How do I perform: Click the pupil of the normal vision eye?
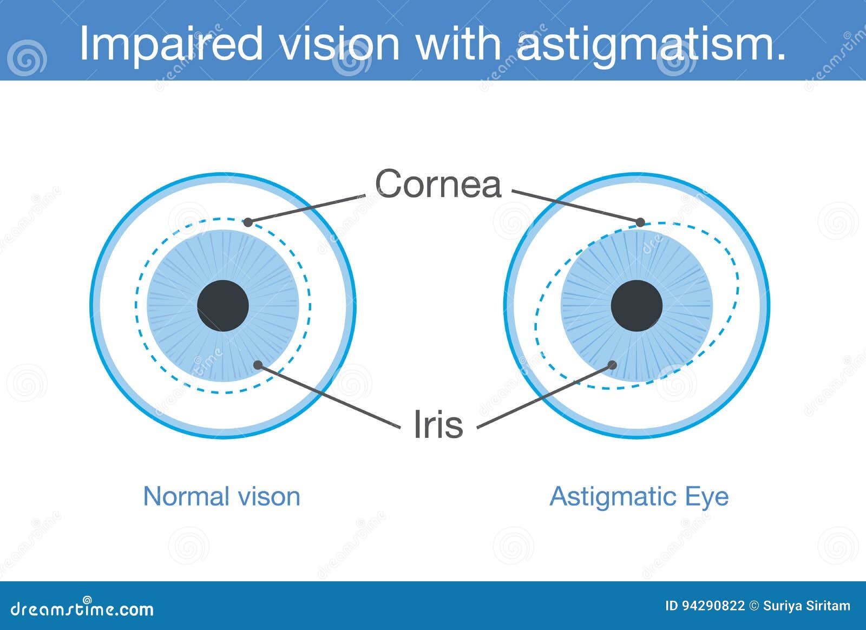tap(222, 306)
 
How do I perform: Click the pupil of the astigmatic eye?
tap(637, 306)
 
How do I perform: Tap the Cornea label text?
tap(438, 184)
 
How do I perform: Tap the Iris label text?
tap(438, 424)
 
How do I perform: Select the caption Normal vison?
tap(221, 496)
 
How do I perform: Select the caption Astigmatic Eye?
tap(639, 496)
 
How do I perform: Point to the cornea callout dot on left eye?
tap(248, 222)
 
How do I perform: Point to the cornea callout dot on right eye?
tap(640, 222)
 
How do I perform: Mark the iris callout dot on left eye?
tap(258, 365)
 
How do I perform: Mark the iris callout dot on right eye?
tap(612, 365)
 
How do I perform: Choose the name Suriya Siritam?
tap(806, 606)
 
